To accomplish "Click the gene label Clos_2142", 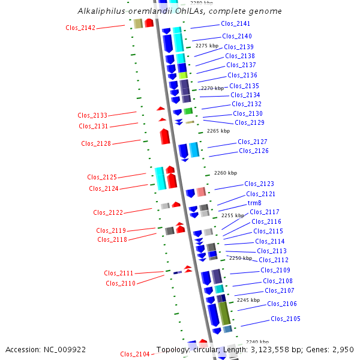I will pos(80,28).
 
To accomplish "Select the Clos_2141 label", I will pos(236,24).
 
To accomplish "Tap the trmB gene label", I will pos(254,203).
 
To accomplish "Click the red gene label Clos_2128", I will pos(96,143).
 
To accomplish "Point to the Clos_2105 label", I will pos(286,319).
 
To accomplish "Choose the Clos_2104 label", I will pos(135,354).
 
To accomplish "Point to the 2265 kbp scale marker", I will pos(218,131).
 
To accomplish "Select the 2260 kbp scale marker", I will pos(226,173).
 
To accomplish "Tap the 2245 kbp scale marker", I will pos(248,300).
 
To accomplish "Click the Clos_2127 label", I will pos(253,142).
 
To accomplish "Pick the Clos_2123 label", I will pos(259,184).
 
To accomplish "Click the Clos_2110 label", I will pos(121,283).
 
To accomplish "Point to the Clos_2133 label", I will pos(92,115).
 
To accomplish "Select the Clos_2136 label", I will pos(242,75).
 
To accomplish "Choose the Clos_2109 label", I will pos(275,270).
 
